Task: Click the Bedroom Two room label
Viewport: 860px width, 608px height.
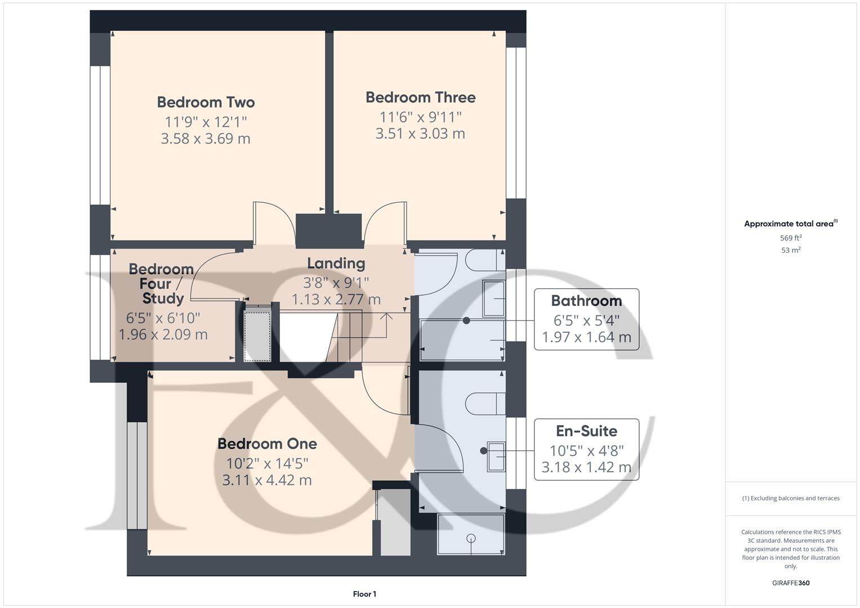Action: coord(206,102)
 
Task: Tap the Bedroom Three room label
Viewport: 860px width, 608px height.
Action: coord(420,97)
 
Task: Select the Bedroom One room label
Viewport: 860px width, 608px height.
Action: coord(267,444)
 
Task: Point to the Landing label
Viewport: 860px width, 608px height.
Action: coord(336,263)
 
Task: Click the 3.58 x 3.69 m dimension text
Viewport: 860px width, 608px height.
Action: coord(206,138)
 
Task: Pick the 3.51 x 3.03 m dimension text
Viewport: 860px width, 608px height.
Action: coord(420,133)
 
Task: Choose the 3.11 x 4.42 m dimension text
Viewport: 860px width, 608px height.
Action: coord(267,480)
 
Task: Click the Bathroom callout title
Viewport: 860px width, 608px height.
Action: coord(586,301)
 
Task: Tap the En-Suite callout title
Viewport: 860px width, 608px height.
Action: coord(586,431)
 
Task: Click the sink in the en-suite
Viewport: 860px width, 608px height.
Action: coord(496,456)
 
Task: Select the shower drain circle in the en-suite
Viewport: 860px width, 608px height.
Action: coord(471,539)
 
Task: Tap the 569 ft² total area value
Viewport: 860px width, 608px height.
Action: coord(791,238)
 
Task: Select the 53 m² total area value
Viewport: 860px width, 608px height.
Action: coord(791,251)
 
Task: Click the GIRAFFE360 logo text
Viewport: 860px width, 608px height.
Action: coord(791,583)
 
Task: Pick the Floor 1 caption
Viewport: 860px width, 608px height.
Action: coord(364,594)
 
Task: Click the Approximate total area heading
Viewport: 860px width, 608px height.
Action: coord(790,224)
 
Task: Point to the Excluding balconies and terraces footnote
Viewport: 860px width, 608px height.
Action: coord(791,498)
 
